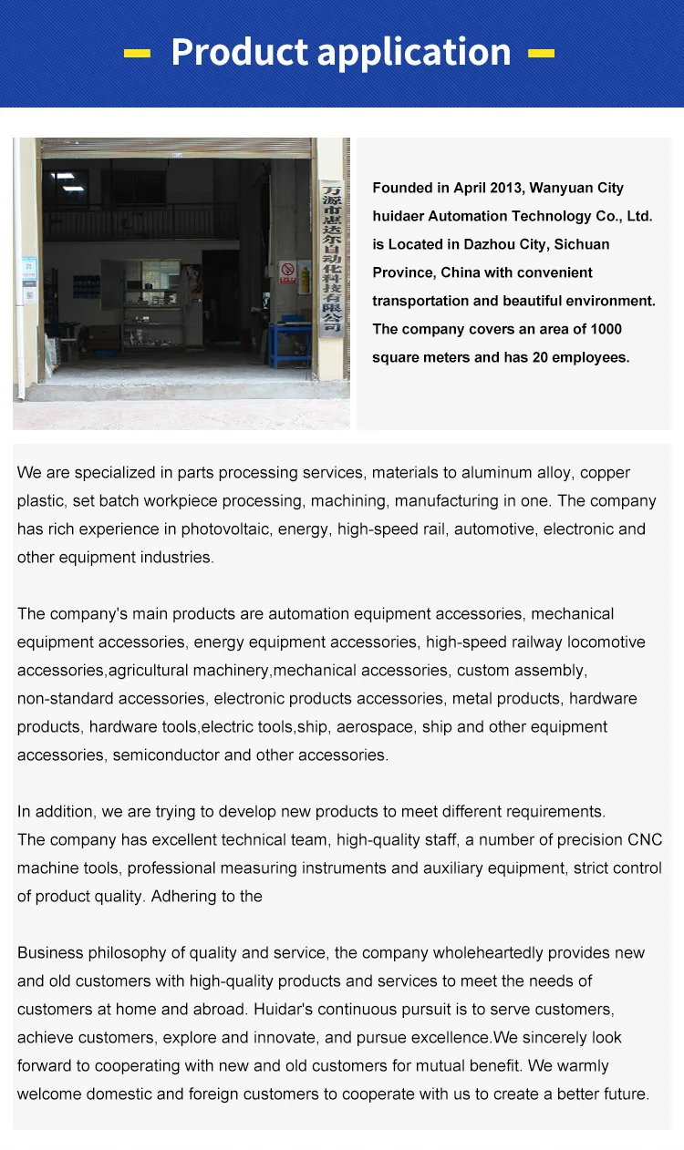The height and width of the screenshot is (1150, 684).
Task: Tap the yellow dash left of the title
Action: pos(138,54)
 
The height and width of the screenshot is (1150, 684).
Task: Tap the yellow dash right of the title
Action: pos(541,54)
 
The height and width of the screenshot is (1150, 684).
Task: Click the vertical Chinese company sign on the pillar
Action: pos(329,257)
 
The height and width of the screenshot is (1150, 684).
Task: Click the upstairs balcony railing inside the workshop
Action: pos(137,222)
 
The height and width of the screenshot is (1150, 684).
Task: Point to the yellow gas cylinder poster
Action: pos(305,276)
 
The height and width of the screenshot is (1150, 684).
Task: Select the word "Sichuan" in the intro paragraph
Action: pos(579,244)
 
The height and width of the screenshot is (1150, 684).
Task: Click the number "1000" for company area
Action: pos(606,329)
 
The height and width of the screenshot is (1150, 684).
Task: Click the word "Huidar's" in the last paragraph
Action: pos(285,1009)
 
